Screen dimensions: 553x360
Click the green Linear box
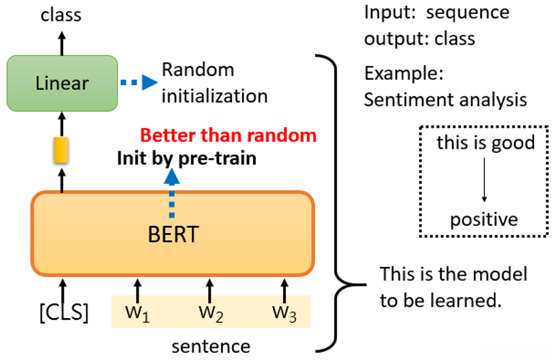click(x=62, y=83)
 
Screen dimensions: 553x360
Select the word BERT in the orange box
click(x=173, y=234)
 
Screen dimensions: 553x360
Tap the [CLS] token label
click(x=64, y=312)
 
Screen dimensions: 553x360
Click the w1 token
click(x=137, y=314)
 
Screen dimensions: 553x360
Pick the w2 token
click(x=211, y=314)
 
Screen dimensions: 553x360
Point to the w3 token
click(x=284, y=314)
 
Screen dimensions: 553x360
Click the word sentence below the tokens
click(x=211, y=347)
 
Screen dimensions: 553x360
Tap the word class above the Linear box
click(x=61, y=15)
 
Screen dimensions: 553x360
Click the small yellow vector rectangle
click(x=61, y=150)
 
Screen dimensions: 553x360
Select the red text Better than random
click(x=229, y=135)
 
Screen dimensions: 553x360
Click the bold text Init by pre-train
click(x=186, y=158)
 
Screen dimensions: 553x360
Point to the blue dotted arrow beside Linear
click(x=139, y=82)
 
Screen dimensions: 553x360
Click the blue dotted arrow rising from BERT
click(x=172, y=193)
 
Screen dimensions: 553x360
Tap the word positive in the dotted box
click(x=484, y=220)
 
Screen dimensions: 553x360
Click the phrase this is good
click(x=486, y=143)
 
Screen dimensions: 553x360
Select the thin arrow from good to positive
click(x=484, y=180)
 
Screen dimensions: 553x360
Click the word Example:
click(x=404, y=73)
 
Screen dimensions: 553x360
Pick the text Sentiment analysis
click(x=446, y=100)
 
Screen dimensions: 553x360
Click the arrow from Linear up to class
click(x=62, y=43)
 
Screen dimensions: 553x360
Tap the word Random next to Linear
click(x=198, y=70)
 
